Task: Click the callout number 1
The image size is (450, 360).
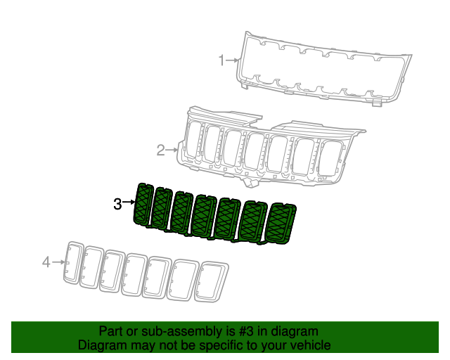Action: [x=221, y=60]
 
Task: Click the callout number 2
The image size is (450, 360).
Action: [x=160, y=150]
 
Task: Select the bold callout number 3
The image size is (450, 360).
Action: [x=117, y=204]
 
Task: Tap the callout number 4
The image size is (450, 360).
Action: [x=46, y=262]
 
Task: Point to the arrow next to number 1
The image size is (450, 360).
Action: [x=232, y=61]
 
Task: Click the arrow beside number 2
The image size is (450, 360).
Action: [x=172, y=150]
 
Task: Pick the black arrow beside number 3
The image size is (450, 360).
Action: [x=129, y=203]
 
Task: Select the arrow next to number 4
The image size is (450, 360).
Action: [x=58, y=262]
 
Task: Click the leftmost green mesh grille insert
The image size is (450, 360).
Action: [x=143, y=205]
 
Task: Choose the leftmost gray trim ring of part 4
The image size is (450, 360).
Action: [x=73, y=262]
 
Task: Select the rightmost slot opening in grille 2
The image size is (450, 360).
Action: [x=329, y=157]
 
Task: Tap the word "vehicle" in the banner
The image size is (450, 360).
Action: [x=307, y=345]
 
